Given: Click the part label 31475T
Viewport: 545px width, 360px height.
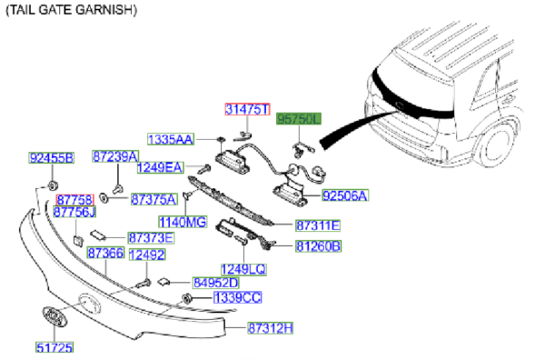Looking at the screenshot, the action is (x=247, y=109).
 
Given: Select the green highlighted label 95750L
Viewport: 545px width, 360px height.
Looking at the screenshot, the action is (x=299, y=119).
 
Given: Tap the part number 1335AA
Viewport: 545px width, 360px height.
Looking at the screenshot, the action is (x=171, y=139).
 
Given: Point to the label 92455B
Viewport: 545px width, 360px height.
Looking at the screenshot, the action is (x=52, y=158).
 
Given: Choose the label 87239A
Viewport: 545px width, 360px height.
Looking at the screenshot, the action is (x=115, y=156).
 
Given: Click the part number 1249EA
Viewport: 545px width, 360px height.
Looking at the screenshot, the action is (x=160, y=167).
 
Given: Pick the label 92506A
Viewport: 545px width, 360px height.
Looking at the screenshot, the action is (x=345, y=195).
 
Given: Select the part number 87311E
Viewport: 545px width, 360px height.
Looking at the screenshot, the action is (x=318, y=225).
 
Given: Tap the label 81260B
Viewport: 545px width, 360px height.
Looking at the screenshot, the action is (x=319, y=246).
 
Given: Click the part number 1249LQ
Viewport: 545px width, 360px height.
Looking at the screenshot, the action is (x=243, y=269).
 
